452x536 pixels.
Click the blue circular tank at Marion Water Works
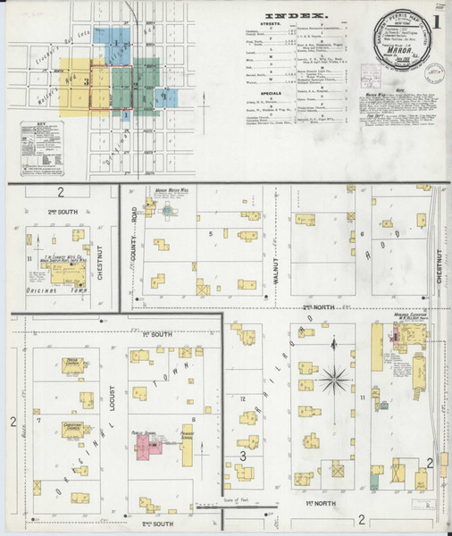(166, 212)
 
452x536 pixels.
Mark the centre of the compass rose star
(335, 380)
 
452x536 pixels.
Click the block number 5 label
(211, 234)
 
